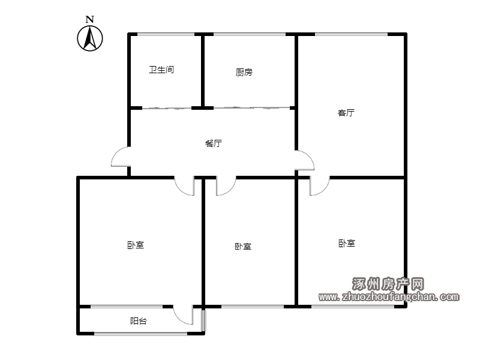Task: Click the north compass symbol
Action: [x=89, y=38]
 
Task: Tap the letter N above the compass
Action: [x=89, y=20]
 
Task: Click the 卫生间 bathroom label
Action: [x=161, y=70]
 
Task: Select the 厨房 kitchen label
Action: [x=244, y=72]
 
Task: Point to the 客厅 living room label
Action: [x=346, y=113]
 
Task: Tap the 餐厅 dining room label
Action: [x=214, y=143]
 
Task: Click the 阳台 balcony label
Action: [x=139, y=321]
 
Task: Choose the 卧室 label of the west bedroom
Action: [x=136, y=245]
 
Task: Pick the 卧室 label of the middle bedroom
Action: [x=243, y=246]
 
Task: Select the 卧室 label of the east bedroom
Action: [x=347, y=243]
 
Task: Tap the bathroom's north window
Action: [x=166, y=34]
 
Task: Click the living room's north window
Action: [x=351, y=34]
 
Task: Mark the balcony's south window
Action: [x=141, y=334]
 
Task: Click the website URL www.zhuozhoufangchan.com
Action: [x=389, y=296]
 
